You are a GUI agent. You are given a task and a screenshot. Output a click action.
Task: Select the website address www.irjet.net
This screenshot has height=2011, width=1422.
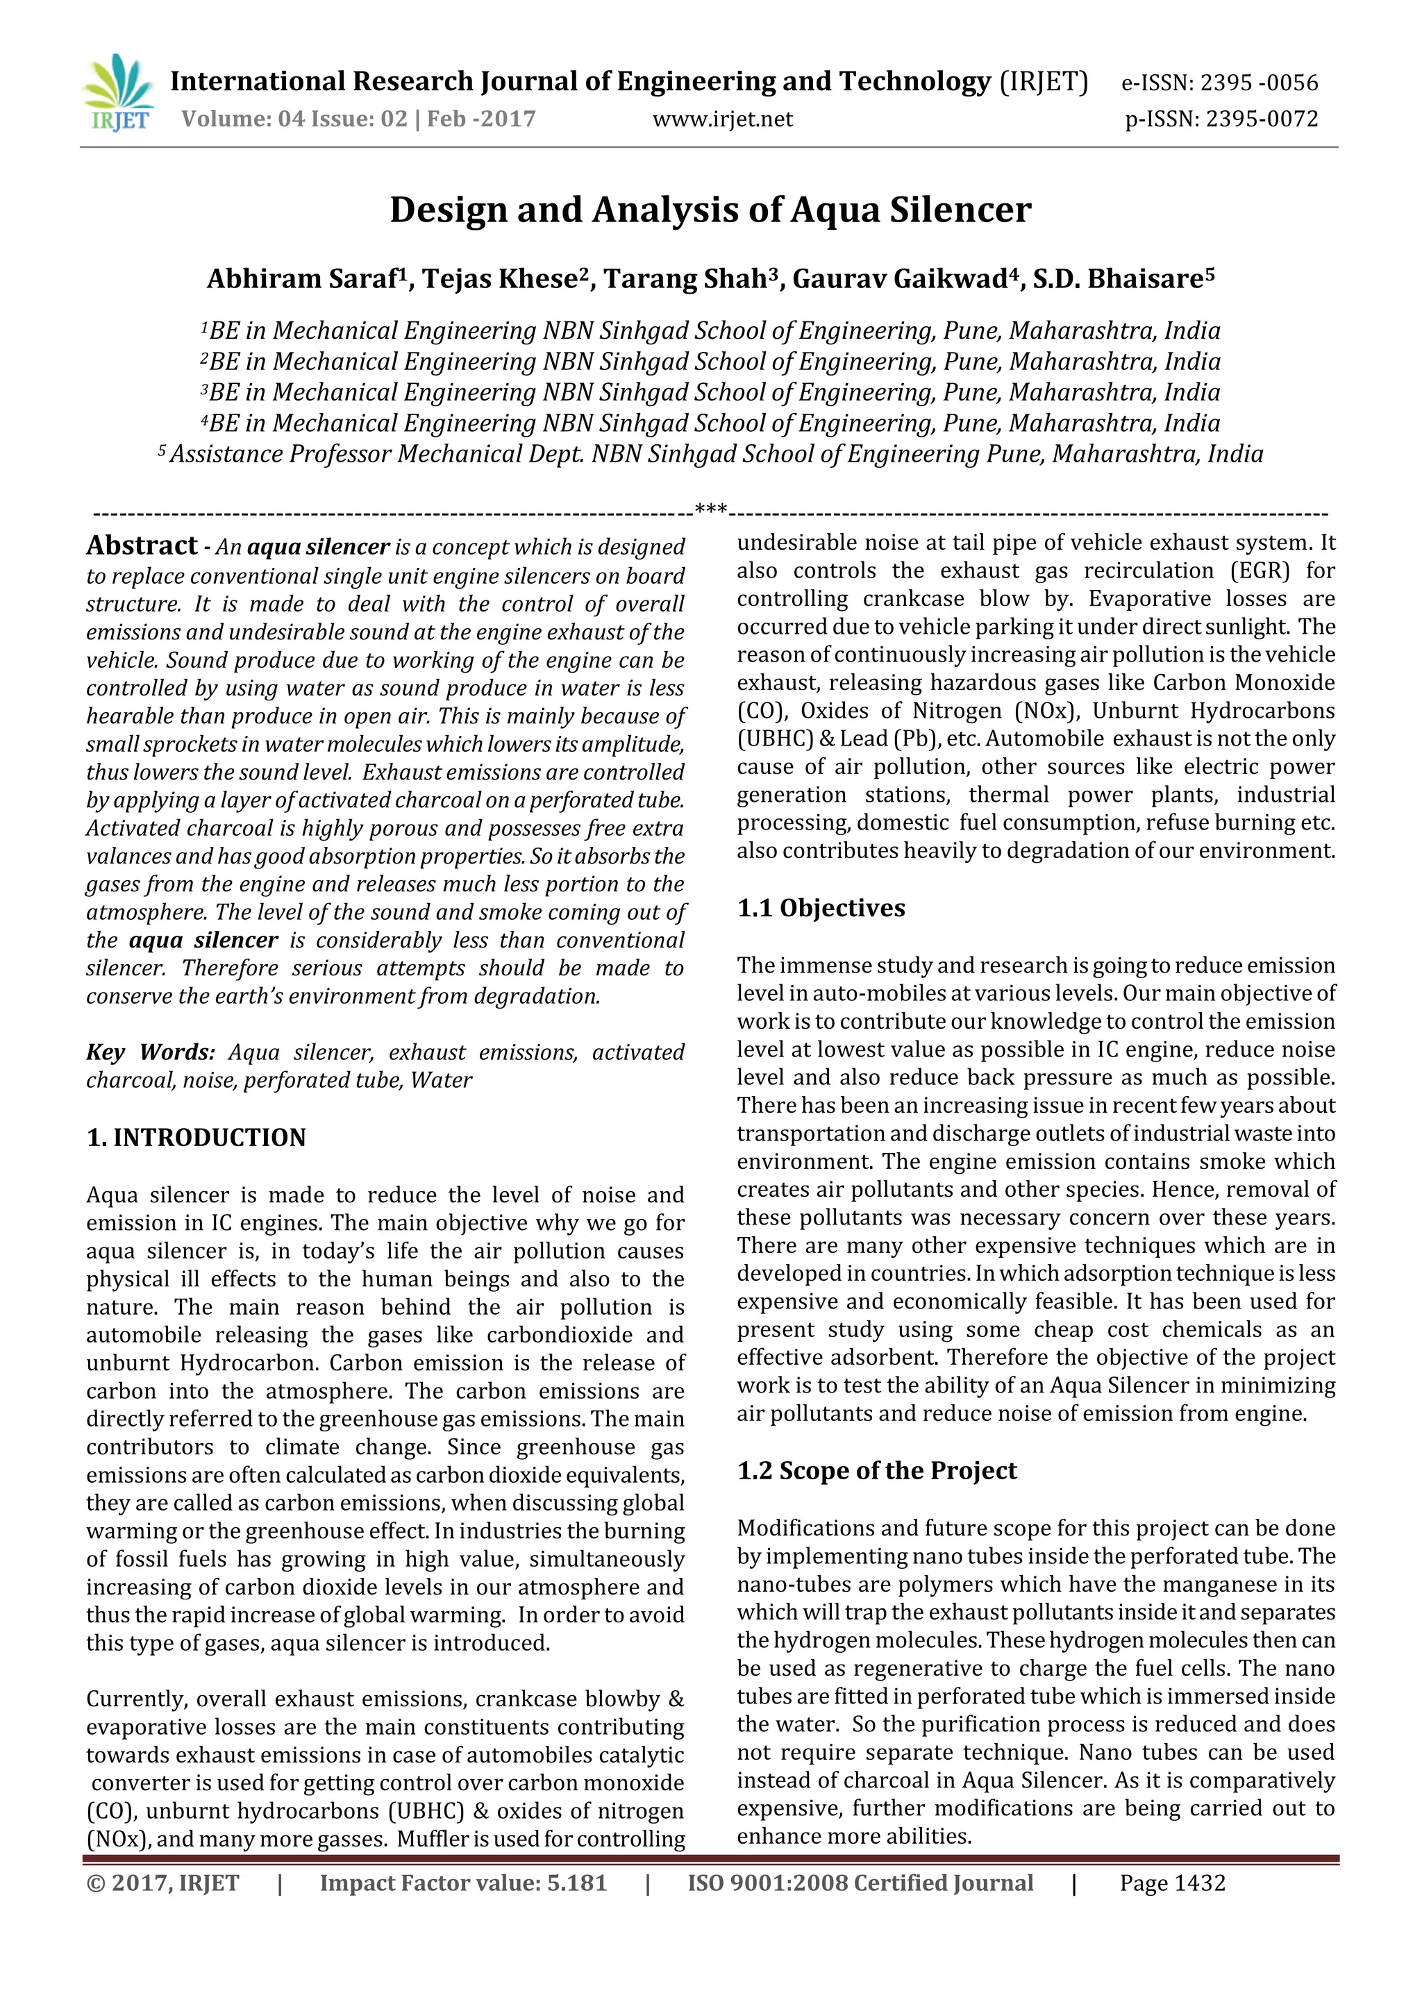tap(723, 119)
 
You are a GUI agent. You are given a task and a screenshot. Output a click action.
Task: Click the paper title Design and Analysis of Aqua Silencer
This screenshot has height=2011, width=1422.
tap(710, 210)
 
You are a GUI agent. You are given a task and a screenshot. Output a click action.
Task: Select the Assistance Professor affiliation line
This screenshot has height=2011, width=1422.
tap(710, 455)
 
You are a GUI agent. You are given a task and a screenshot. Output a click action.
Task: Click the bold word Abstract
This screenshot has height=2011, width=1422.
tap(142, 546)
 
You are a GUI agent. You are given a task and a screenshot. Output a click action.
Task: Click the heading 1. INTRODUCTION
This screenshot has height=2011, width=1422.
tap(196, 1138)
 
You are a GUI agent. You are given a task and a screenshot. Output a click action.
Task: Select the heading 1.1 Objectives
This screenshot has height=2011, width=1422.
tap(821, 908)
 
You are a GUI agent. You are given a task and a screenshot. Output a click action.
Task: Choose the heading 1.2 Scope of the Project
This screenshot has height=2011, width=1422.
tap(877, 1470)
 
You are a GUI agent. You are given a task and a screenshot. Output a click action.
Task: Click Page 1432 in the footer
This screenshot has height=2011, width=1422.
tap(1172, 1883)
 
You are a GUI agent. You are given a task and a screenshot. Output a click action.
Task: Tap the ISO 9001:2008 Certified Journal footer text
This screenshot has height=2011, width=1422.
tap(860, 1883)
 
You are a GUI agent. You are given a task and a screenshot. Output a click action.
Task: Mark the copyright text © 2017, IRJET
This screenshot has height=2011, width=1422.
tap(163, 1883)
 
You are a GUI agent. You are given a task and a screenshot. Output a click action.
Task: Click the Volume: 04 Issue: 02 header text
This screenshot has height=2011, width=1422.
tap(295, 119)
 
